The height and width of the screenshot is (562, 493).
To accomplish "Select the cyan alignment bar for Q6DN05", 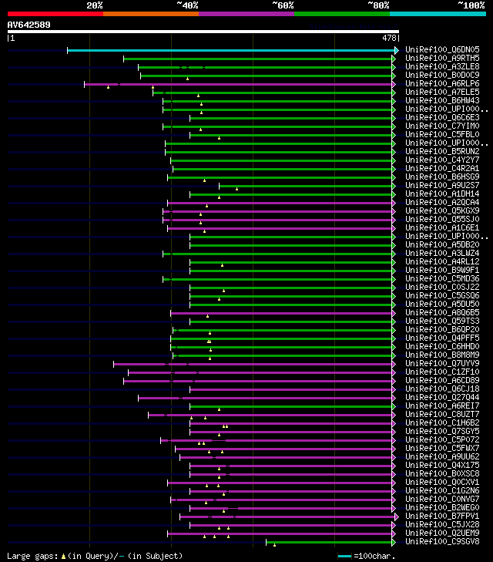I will (231, 50).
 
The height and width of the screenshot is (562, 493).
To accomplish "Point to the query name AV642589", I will (29, 25).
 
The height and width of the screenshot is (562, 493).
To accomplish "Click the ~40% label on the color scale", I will (187, 5).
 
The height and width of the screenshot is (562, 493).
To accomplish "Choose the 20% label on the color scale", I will (95, 5).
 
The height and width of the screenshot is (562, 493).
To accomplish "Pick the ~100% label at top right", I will (471, 5).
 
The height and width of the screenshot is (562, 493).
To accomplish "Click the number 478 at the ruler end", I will (389, 38).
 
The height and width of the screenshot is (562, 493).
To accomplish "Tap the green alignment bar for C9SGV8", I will (331, 542).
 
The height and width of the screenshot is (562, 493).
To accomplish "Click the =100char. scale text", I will (374, 556).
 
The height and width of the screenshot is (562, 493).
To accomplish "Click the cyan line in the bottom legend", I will (344, 556).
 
